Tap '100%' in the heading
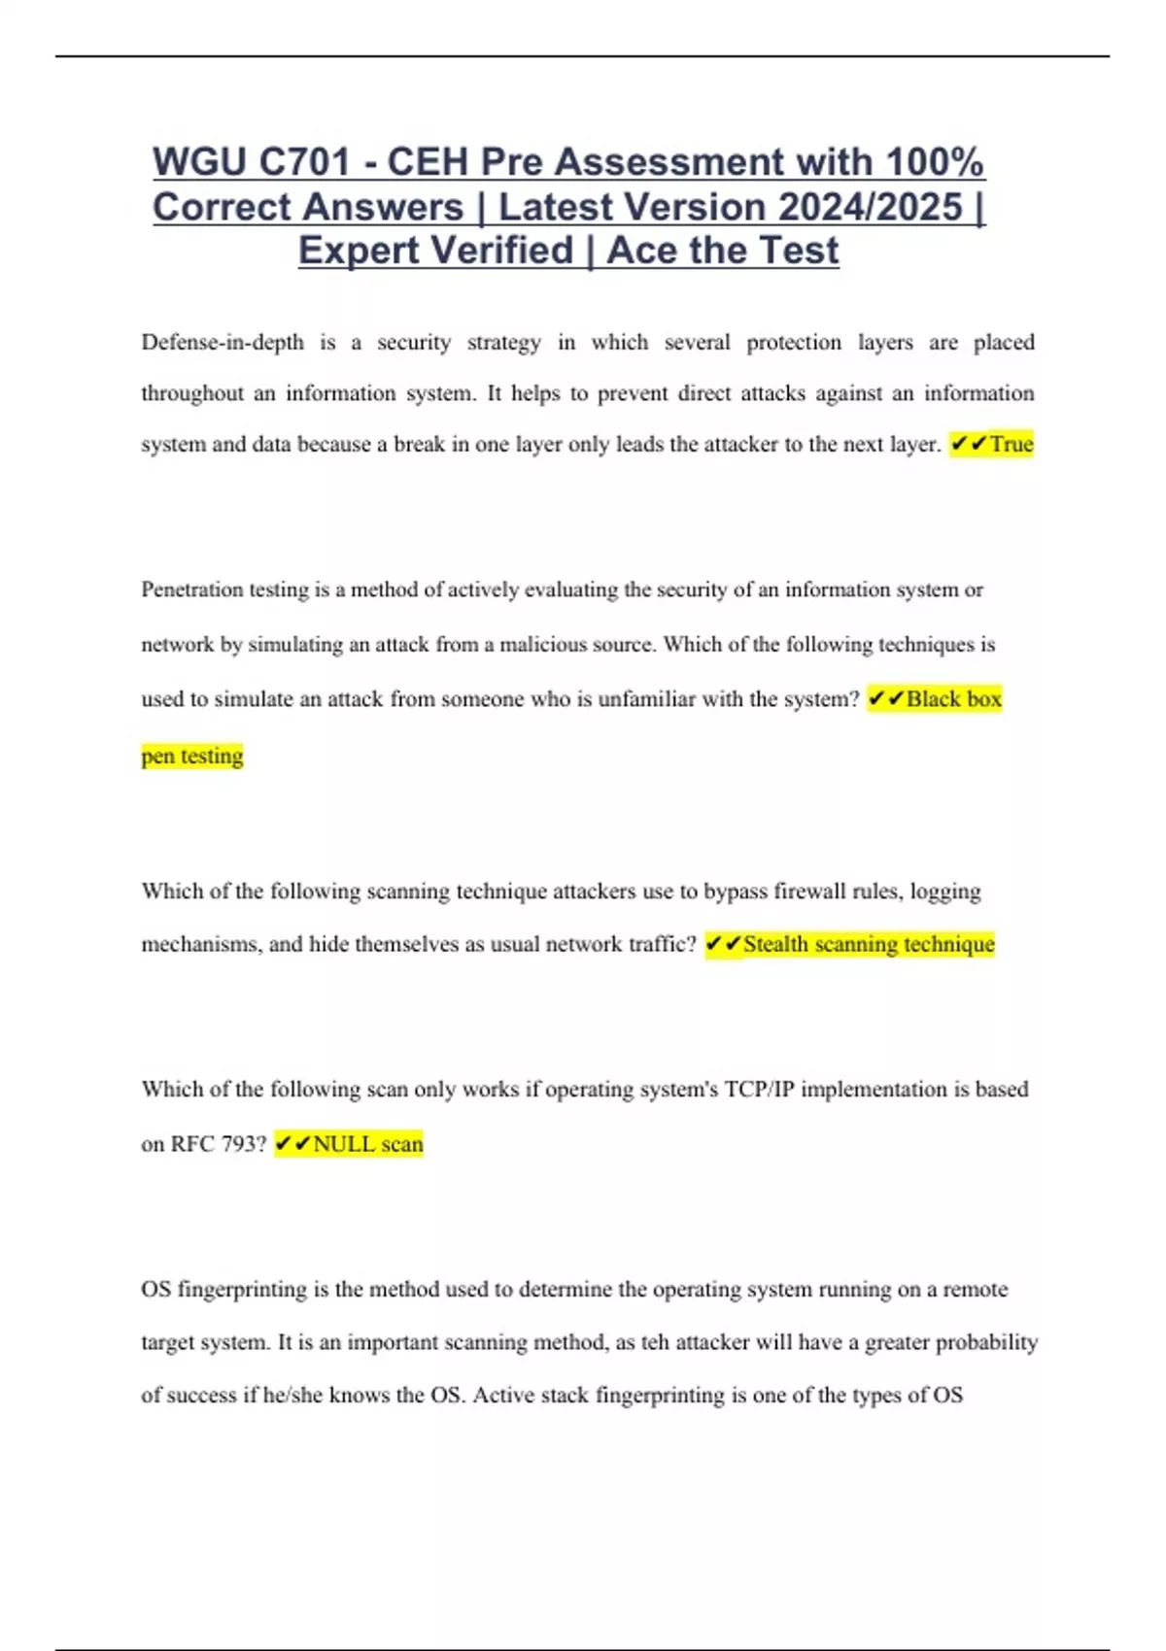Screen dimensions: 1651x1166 pyautogui.click(x=935, y=162)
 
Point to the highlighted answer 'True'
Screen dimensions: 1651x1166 pyautogui.click(x=1012, y=445)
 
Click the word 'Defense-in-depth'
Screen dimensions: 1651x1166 pyautogui.click(x=223, y=343)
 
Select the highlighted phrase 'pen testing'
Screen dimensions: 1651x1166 pyautogui.click(x=192, y=756)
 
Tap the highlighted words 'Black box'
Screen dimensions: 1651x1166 pyautogui.click(x=953, y=699)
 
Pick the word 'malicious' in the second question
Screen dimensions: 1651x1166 pyautogui.click(x=542, y=645)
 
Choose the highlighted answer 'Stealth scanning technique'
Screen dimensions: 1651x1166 pyautogui.click(x=869, y=944)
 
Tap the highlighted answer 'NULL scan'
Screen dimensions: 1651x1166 pyautogui.click(x=367, y=1144)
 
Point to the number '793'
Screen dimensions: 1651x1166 pyautogui.click(x=238, y=1144)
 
